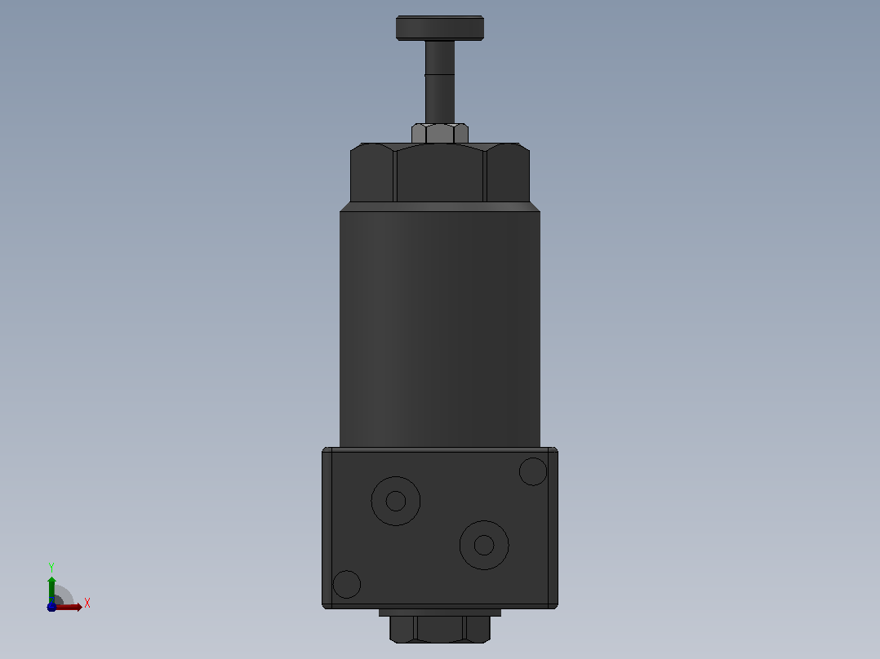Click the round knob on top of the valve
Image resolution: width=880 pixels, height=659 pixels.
click(440, 28)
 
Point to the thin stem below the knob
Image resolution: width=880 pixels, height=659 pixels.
click(440, 82)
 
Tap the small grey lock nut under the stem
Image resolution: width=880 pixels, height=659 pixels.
click(440, 134)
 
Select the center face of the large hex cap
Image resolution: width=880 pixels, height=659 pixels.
click(440, 173)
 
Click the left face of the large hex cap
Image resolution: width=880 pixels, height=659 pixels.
click(371, 173)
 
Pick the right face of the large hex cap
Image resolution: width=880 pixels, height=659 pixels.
click(508, 173)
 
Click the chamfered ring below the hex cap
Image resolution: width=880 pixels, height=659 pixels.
click(440, 206)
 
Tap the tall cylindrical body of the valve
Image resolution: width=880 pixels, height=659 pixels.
click(440, 329)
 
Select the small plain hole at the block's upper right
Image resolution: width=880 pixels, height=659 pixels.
click(532, 471)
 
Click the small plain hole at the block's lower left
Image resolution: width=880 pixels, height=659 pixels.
click(347, 585)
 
